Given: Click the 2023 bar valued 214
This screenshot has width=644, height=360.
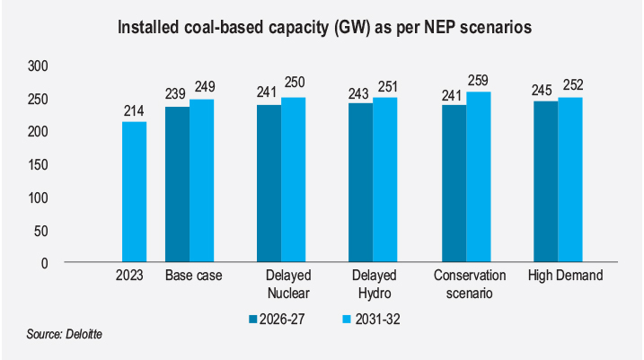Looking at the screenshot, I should [x=135, y=192].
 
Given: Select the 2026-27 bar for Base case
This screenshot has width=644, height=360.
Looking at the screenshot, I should [x=177, y=184].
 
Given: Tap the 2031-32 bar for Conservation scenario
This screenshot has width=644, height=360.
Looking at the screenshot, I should [x=479, y=177].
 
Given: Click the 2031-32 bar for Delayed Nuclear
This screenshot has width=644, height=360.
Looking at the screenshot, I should [x=294, y=180].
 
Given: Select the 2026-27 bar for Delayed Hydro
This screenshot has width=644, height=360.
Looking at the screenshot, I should [x=361, y=182].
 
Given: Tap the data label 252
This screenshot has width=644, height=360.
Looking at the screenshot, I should [x=571, y=86].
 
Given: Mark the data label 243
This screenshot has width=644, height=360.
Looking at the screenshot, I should [x=361, y=92].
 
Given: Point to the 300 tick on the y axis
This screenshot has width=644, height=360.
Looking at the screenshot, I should [x=37, y=66].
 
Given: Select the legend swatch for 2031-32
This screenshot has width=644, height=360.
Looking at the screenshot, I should [x=348, y=319].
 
